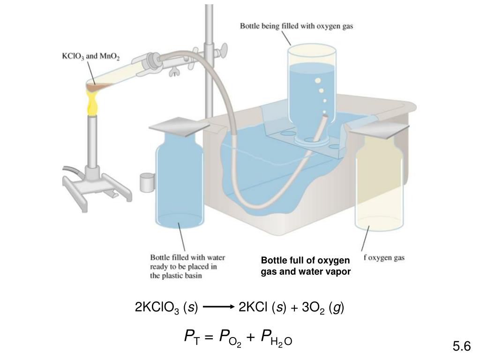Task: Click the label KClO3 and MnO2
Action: [91, 57]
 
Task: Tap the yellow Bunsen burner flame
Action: [92, 103]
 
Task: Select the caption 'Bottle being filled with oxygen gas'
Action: [296, 27]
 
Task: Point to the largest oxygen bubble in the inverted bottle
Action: [318, 81]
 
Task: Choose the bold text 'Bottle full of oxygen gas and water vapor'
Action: [306, 266]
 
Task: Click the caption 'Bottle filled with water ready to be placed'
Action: [187, 266]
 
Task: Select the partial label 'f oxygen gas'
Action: [384, 257]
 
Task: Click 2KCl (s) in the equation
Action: [262, 307]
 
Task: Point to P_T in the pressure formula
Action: [192, 337]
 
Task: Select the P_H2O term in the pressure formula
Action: [277, 337]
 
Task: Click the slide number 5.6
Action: [461, 346]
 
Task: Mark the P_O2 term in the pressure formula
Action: [230, 337]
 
